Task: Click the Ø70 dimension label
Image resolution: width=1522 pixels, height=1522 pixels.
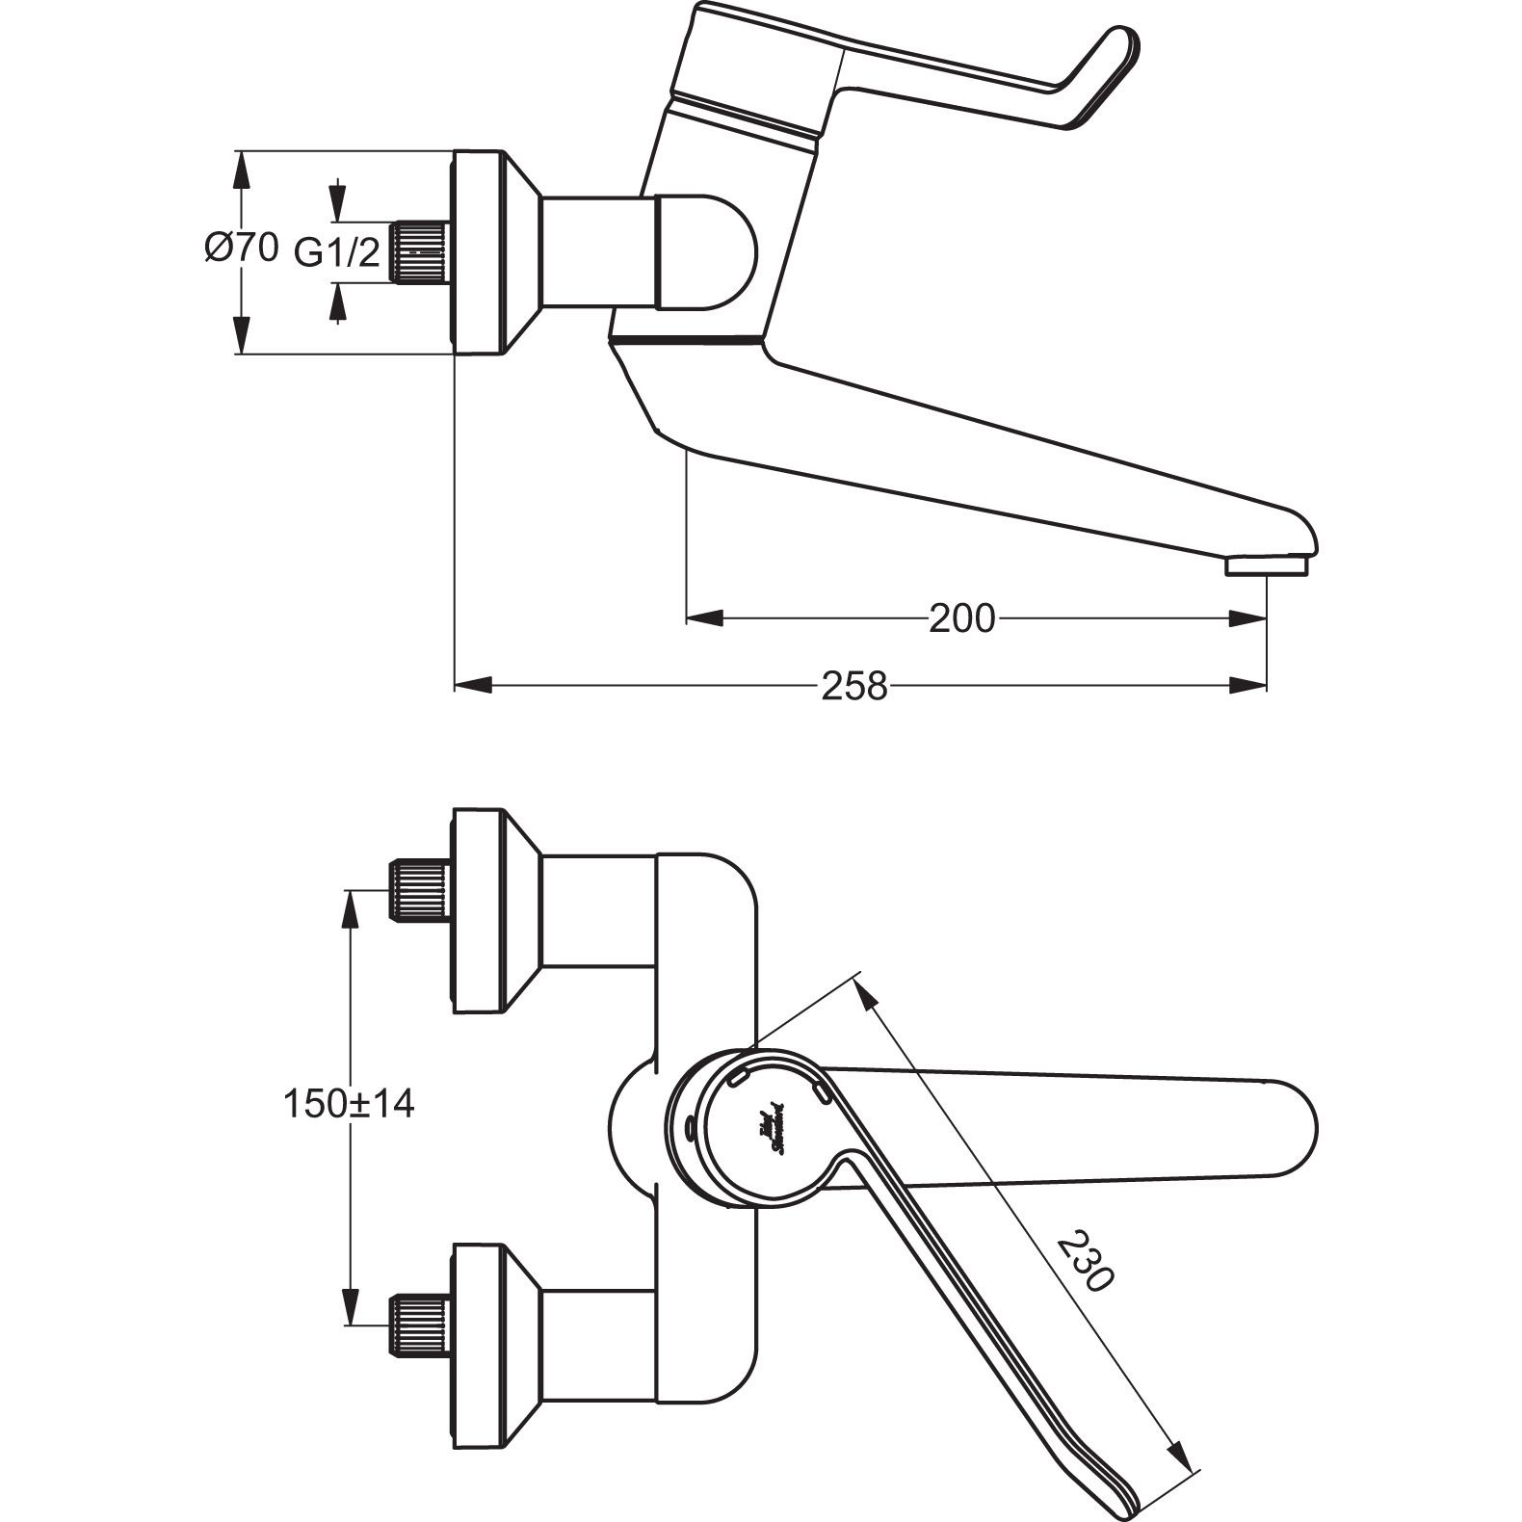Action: pyautogui.click(x=241, y=249)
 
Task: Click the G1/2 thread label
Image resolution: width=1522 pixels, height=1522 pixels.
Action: pyautogui.click(x=337, y=253)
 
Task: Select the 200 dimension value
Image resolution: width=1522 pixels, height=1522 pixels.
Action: pyautogui.click(x=960, y=618)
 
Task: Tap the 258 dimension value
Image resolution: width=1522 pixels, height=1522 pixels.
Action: pyautogui.click(x=853, y=686)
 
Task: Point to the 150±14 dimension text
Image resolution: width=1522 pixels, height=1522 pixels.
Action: pyautogui.click(x=349, y=1104)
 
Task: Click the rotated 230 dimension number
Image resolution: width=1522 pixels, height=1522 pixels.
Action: pyautogui.click(x=1086, y=1262)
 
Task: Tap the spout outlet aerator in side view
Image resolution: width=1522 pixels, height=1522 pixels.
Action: pyautogui.click(x=1267, y=568)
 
